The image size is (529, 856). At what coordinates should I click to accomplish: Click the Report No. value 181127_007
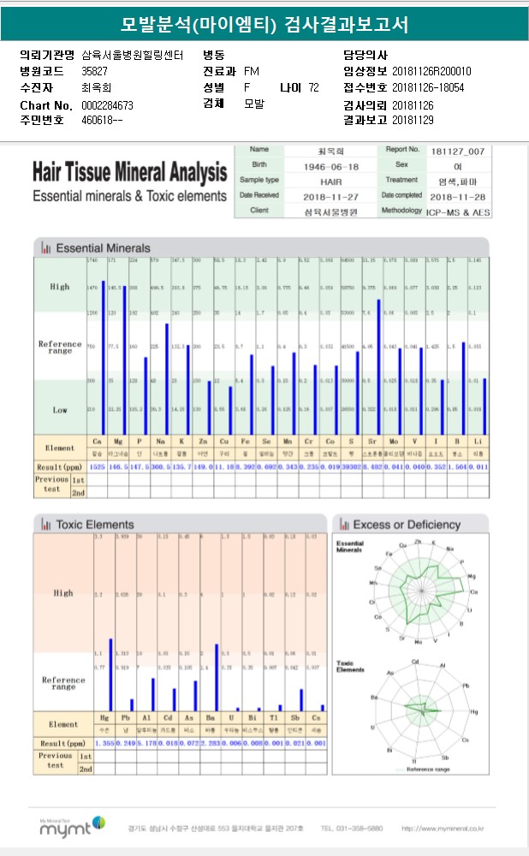pyautogui.click(x=458, y=150)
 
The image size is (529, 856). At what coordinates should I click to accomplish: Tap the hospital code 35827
pyautogui.click(x=94, y=71)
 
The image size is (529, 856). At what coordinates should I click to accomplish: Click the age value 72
pyautogui.click(x=313, y=87)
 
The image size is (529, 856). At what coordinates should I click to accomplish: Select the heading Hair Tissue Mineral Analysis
pyautogui.click(x=129, y=173)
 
